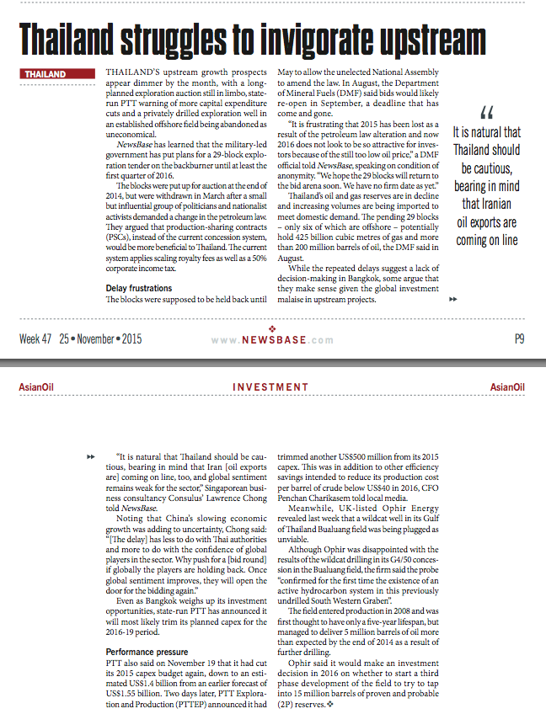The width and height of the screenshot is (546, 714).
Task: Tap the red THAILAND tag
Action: (45, 74)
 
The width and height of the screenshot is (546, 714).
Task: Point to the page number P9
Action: (519, 339)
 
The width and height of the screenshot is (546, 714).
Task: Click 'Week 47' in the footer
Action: (35, 339)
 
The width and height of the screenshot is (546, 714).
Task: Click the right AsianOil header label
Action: (507, 387)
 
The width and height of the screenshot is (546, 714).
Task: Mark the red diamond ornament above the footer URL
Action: (271, 328)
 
